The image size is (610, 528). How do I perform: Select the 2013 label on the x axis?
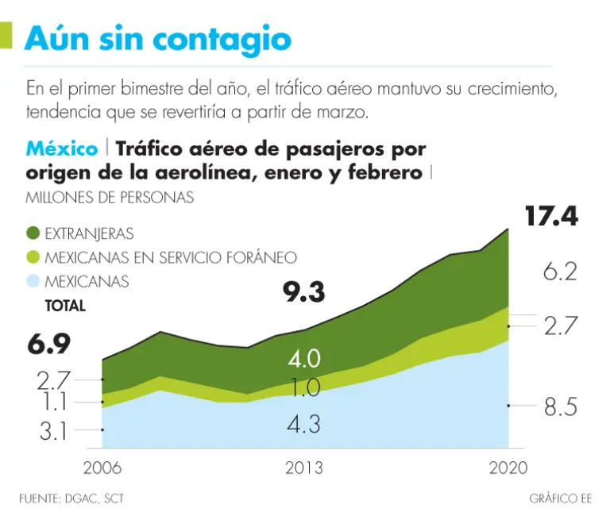303,468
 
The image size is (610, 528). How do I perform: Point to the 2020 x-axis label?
507,468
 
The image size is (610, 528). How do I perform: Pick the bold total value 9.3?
304,293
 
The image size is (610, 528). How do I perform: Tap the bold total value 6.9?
48,345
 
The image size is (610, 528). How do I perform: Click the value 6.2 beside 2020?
559,273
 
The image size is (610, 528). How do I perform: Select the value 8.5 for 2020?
559,407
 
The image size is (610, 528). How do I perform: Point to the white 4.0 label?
303,359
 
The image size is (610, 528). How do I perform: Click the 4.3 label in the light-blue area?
303,424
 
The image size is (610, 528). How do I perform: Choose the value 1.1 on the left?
54,403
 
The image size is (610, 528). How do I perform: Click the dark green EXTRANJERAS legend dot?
33,233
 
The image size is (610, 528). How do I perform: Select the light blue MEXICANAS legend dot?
33,281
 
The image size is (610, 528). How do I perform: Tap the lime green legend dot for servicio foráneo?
33,257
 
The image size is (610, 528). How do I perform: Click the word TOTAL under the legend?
65,305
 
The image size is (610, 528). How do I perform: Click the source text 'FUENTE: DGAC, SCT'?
71,499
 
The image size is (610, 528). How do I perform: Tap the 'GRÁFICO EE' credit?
561,499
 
